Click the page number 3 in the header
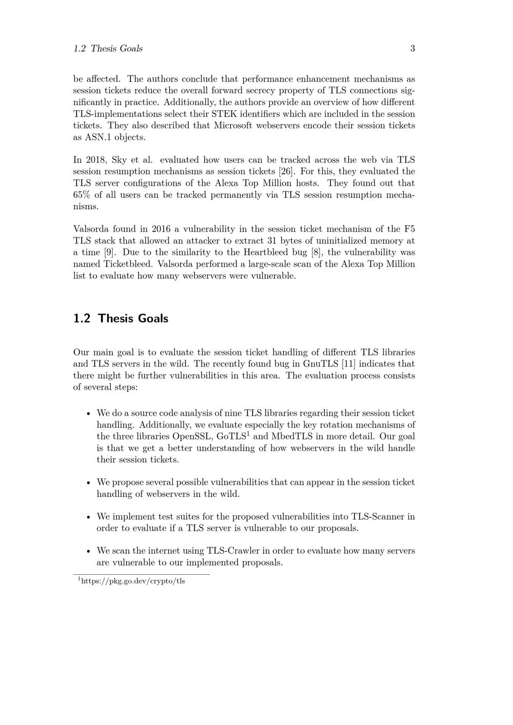click(x=412, y=49)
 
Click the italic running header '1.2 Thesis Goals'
click(x=108, y=49)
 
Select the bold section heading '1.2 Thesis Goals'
click(x=121, y=318)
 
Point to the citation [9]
click(x=109, y=252)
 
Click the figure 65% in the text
click(x=82, y=195)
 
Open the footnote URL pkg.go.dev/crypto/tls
click(x=133, y=581)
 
